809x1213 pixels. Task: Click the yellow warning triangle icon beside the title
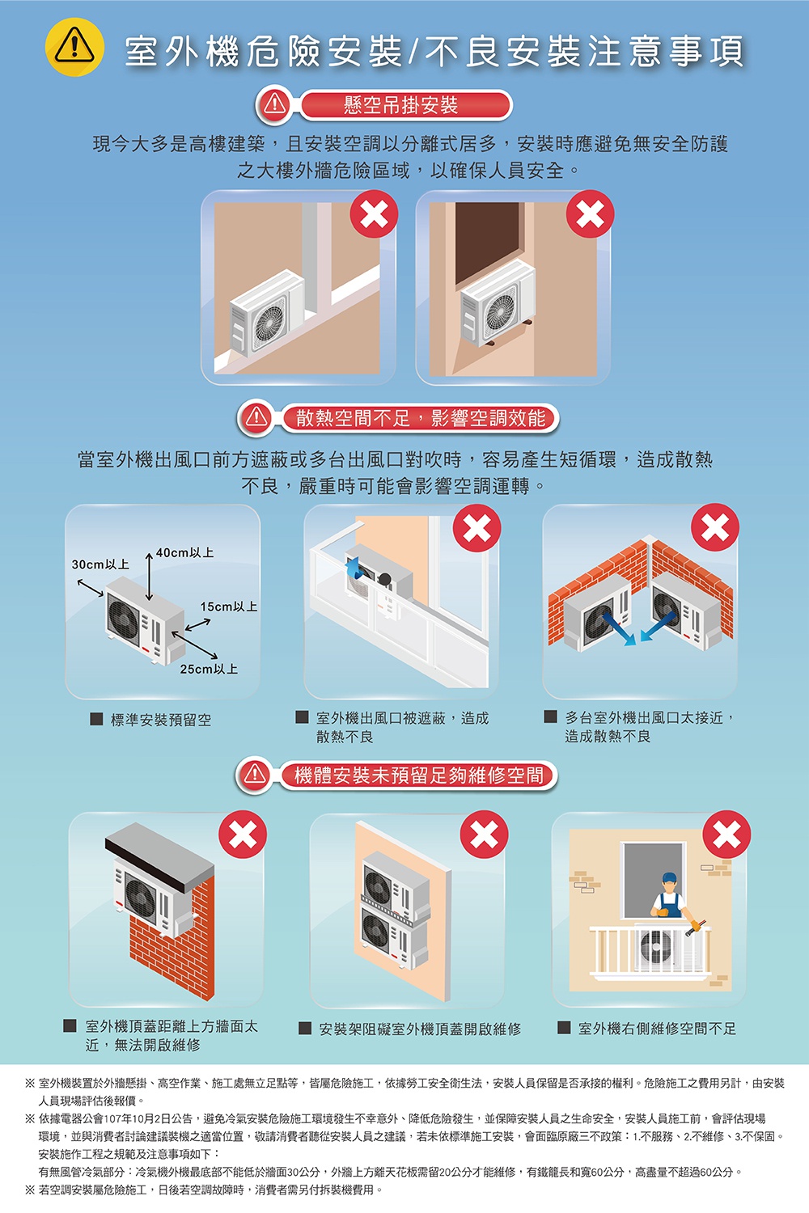click(x=74, y=47)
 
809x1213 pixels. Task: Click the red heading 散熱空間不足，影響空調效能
click(x=420, y=419)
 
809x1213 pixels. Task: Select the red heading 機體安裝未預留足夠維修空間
click(x=418, y=776)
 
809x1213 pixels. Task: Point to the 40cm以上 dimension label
click(x=184, y=552)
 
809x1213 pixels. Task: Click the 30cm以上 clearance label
click(x=100, y=564)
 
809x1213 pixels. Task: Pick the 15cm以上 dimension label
click(x=229, y=606)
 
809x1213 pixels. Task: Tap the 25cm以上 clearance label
click(x=209, y=669)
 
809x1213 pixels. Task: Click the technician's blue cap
click(x=670, y=877)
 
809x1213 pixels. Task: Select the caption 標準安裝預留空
click(x=160, y=720)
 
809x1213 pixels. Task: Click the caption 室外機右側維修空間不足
click(x=657, y=1029)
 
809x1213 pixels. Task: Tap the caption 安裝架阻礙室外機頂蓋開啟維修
click(x=420, y=1029)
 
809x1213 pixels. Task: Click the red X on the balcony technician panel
click(x=726, y=835)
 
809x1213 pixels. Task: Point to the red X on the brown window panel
click(x=590, y=214)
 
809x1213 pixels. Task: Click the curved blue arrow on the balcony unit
click(x=354, y=568)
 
